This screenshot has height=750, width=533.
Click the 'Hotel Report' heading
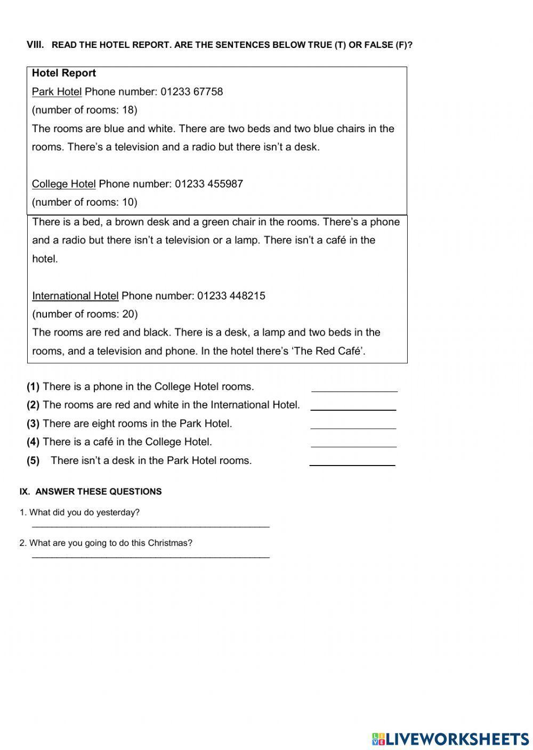coord(64,74)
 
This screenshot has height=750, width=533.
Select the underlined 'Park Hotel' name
coord(56,92)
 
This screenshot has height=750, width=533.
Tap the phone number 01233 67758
coord(191,92)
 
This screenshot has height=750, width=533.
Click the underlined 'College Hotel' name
coord(63,184)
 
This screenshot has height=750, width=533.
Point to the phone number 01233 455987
coord(208,184)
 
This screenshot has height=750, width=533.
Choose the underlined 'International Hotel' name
coord(75,296)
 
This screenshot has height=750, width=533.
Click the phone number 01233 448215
coord(231,296)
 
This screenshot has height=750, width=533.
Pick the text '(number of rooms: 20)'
coord(85,314)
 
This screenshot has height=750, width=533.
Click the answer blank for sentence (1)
coord(354,388)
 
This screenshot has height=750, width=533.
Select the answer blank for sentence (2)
coord(353,406)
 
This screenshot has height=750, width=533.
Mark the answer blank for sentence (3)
coord(353,425)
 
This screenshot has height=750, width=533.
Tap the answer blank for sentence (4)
coord(353,443)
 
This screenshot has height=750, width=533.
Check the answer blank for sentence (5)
coord(352,462)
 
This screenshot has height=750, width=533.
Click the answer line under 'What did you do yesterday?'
coord(150,525)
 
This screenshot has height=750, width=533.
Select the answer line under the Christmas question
coord(150,556)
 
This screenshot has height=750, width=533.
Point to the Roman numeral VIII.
coord(35,45)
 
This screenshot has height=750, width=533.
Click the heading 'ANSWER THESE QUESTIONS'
coord(98,492)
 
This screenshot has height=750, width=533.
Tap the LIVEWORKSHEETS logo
coord(450,738)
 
